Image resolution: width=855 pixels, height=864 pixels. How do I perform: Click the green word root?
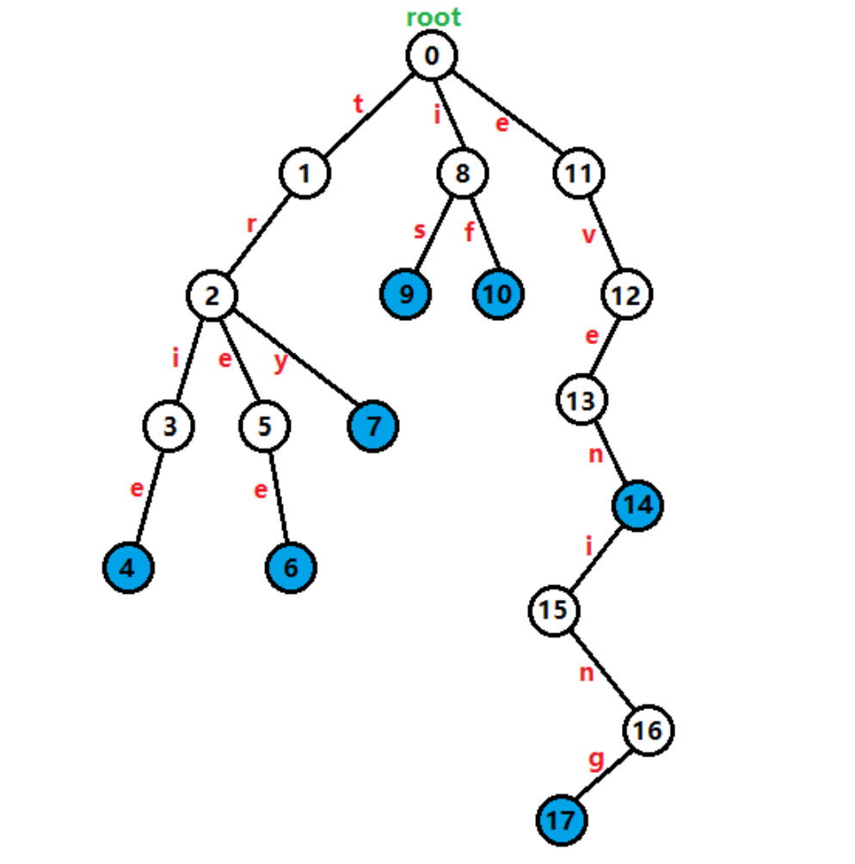(x=434, y=16)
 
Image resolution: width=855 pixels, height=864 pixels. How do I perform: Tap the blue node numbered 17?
(x=562, y=820)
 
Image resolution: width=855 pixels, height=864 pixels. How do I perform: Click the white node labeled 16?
(x=648, y=731)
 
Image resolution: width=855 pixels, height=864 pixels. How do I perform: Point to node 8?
(x=463, y=174)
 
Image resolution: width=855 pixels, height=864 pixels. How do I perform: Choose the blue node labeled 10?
(x=497, y=294)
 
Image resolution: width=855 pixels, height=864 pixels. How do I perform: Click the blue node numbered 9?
(x=406, y=294)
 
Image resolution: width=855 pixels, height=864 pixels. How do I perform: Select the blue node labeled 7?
(x=373, y=425)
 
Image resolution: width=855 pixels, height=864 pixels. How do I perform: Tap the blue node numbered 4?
(x=128, y=567)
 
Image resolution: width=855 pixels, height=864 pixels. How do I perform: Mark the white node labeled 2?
(x=212, y=295)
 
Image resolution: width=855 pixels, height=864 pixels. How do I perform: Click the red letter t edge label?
(x=359, y=105)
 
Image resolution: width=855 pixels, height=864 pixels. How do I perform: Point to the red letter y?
(x=280, y=362)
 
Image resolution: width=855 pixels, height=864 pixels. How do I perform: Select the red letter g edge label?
(x=595, y=761)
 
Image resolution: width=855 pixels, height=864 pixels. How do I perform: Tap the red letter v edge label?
(x=588, y=235)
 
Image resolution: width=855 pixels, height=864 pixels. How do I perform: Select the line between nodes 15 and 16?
(x=600, y=670)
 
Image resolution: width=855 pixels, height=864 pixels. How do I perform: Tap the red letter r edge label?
(x=251, y=225)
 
